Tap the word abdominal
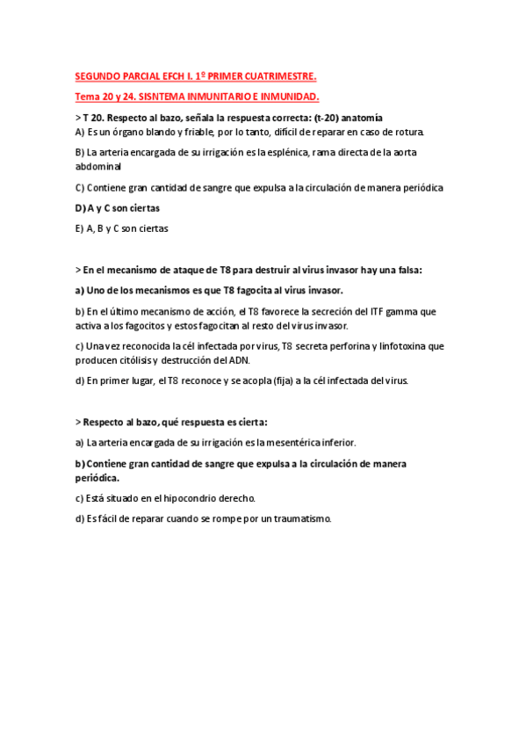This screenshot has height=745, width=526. point(98,165)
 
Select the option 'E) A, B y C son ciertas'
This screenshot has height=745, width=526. point(122,228)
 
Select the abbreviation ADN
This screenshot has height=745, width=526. point(261,359)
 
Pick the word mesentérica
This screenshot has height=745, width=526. point(285,443)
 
